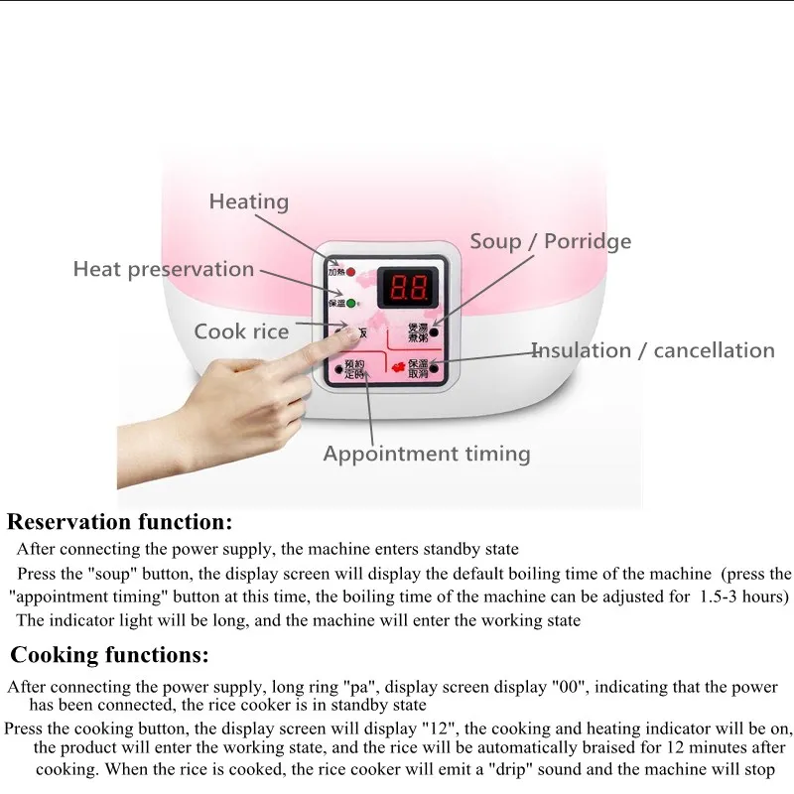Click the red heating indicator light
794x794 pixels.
tap(350, 271)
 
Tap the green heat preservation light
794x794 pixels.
tap(350, 303)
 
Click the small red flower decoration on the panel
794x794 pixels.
tap(399, 368)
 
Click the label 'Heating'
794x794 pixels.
tap(248, 201)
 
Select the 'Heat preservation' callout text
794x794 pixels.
tap(164, 269)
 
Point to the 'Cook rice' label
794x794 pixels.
tap(241, 331)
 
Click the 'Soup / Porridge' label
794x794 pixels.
tap(550, 241)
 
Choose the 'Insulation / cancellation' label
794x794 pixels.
tap(653, 350)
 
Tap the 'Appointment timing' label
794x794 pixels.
tap(427, 454)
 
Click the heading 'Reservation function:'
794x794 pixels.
tap(120, 521)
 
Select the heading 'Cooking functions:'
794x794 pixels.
tap(110, 655)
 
